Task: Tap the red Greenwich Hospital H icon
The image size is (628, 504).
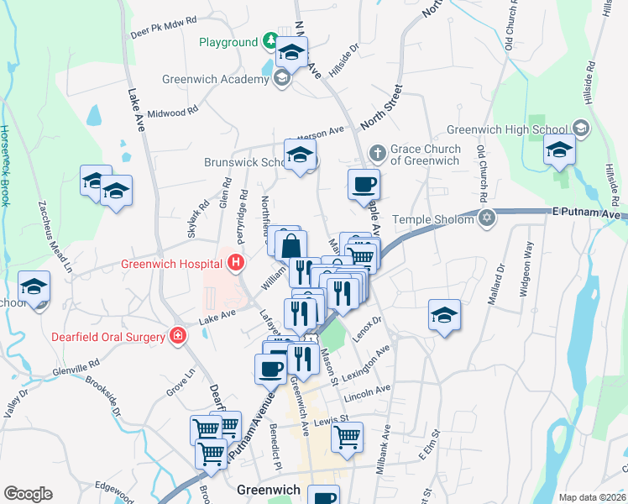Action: click(236, 263)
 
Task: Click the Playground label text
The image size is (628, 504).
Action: click(228, 42)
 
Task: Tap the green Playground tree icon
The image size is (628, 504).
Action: click(270, 41)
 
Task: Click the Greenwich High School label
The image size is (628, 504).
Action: click(508, 129)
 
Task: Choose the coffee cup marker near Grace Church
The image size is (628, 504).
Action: click(364, 184)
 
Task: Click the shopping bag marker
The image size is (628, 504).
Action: click(290, 246)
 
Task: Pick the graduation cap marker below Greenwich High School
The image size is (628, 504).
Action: click(558, 151)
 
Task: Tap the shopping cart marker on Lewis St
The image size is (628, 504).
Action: click(347, 436)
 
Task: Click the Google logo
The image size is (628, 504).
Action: click(28, 494)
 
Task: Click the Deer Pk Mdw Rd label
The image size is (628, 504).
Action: click(164, 27)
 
